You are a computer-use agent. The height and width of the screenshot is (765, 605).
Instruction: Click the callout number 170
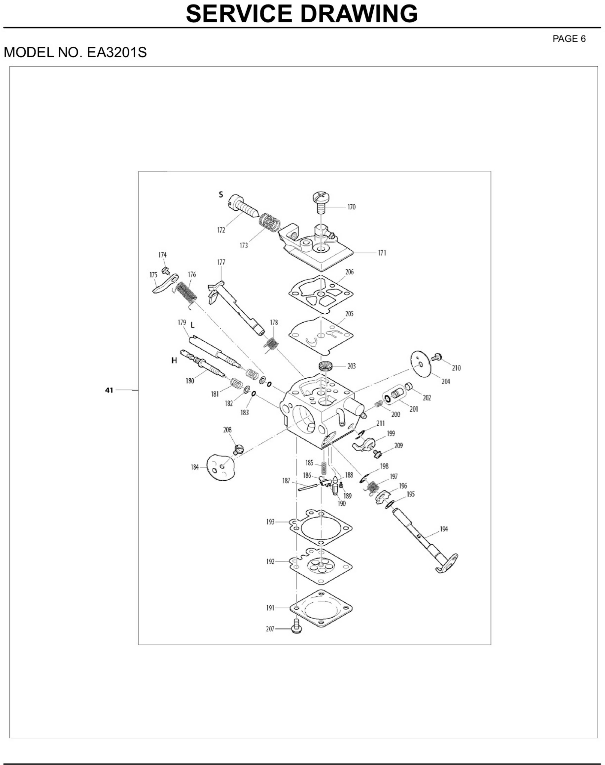click(x=351, y=207)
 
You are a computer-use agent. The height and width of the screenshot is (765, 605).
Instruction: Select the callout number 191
click(x=270, y=608)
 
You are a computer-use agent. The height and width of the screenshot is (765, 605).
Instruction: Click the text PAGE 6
click(x=569, y=39)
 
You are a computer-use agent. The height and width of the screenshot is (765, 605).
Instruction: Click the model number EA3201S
click(x=117, y=52)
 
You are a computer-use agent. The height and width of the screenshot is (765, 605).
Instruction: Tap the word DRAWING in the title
click(x=359, y=14)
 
